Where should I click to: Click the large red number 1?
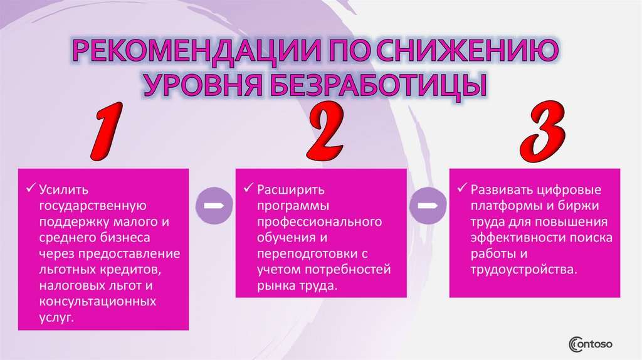[103, 133]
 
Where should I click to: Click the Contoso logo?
[590, 344]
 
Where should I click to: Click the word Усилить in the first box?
[62, 189]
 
